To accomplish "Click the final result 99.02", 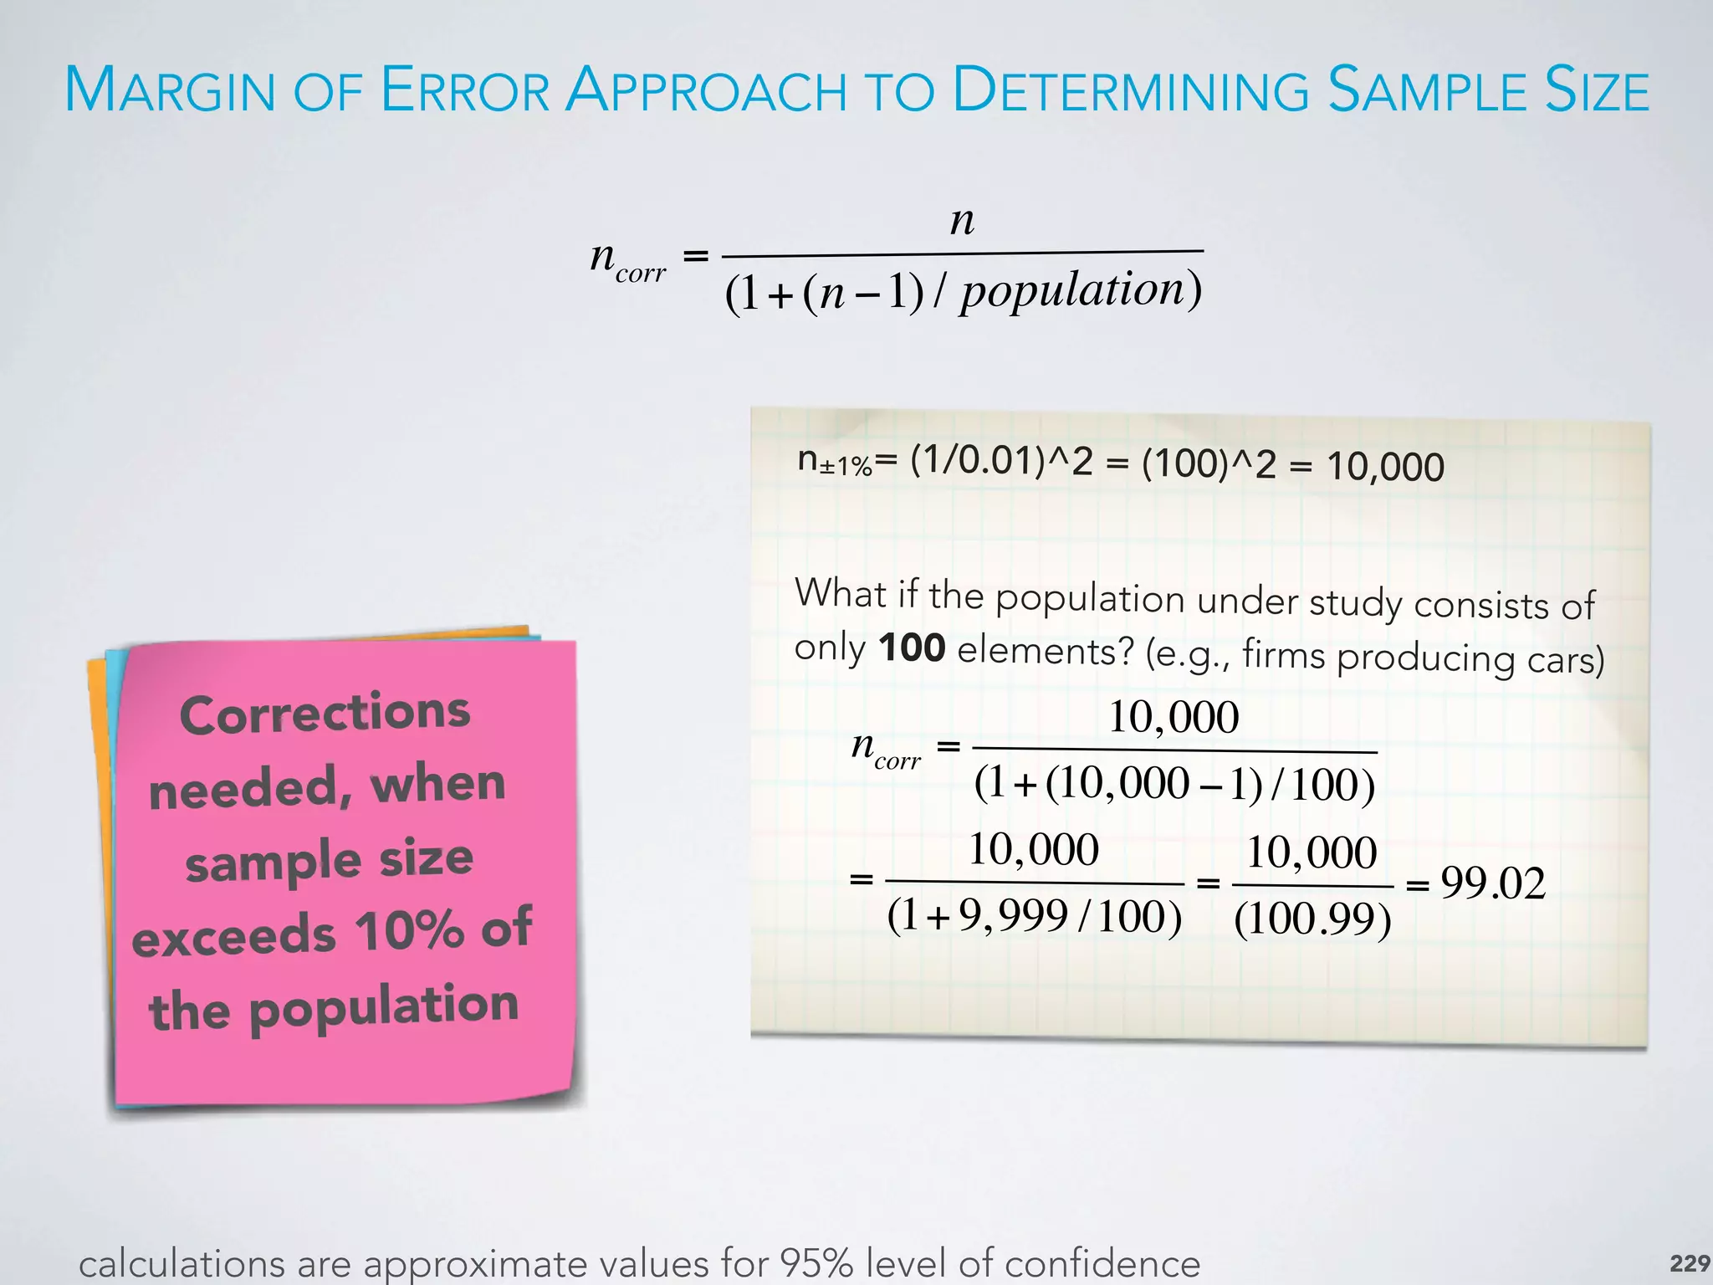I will coord(1492,883).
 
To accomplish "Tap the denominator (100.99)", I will coord(1312,919).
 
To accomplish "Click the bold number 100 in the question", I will coord(912,648).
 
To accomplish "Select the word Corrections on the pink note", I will coord(325,714).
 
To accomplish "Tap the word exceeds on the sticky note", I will coord(234,936).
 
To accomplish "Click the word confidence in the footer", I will coord(1102,1263).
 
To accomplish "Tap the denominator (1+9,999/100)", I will coord(1035,916).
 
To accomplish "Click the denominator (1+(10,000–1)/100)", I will coord(1174,785).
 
